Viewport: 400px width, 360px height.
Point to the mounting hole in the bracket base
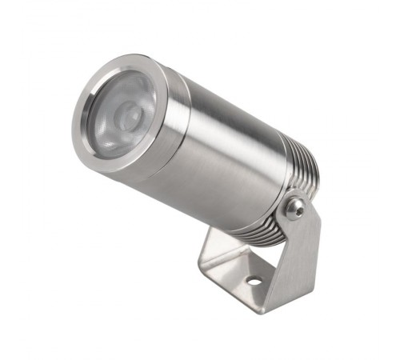point(254,281)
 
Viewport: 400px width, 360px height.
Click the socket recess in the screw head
point(296,208)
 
